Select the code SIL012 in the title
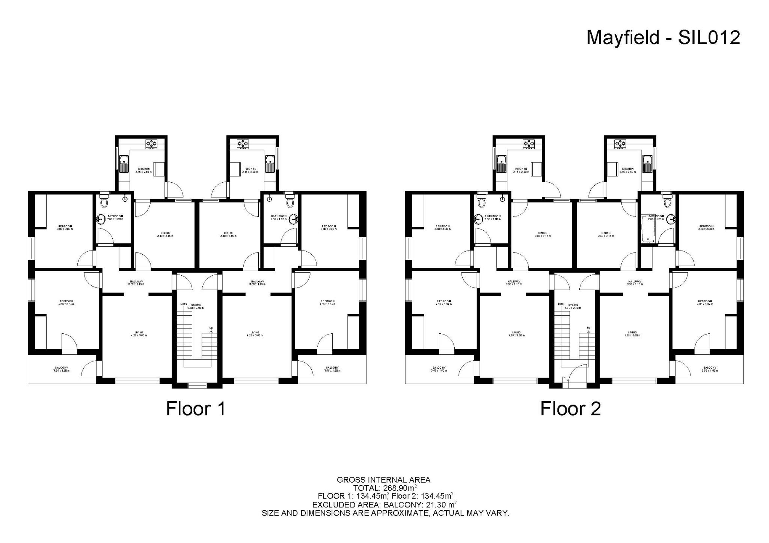coord(709,38)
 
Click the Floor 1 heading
coord(196,409)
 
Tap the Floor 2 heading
coord(570,409)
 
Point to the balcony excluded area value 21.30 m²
coord(440,504)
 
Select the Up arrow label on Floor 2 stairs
coord(588,328)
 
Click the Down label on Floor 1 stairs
coord(183,304)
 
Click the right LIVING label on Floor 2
coord(632,332)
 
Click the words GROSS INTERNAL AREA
coord(383,480)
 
